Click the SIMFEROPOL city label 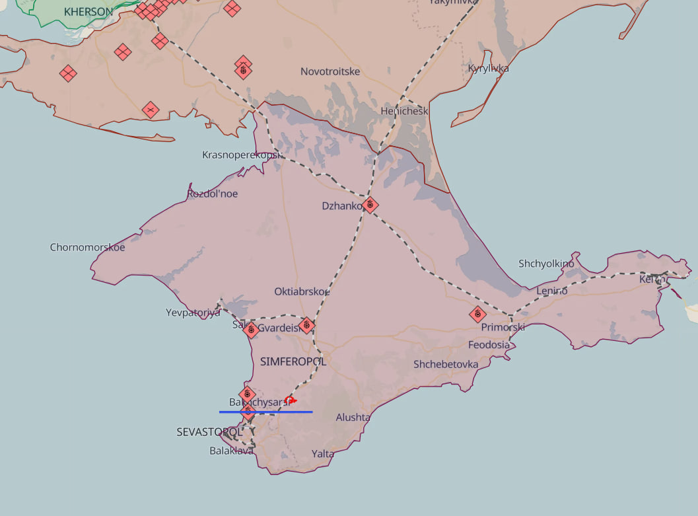(x=293, y=362)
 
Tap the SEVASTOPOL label (x=209, y=432)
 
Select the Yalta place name (x=323, y=454)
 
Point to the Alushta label (x=353, y=418)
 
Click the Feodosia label (x=489, y=345)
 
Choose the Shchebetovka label (x=446, y=365)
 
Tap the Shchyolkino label (x=546, y=264)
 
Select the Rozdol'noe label (x=212, y=194)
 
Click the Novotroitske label (x=330, y=71)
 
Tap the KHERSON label (x=88, y=12)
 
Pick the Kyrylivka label (x=489, y=69)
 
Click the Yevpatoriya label (x=193, y=313)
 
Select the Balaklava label (x=231, y=451)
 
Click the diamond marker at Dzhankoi (x=370, y=205)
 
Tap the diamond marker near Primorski (x=477, y=314)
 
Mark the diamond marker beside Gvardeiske (x=306, y=325)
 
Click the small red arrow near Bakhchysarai (x=291, y=400)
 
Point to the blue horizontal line (x=266, y=412)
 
